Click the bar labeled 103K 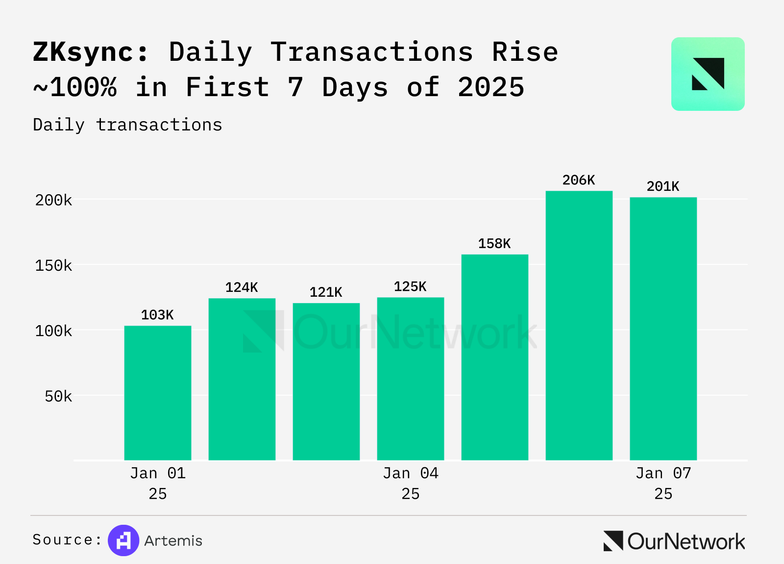(x=158, y=392)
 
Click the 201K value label (x=663, y=187)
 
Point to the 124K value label (x=242, y=287)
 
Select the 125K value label (x=410, y=286)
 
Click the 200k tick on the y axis (x=53, y=200)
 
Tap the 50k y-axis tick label (x=58, y=396)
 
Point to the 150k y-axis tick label (x=53, y=266)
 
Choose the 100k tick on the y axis (x=53, y=331)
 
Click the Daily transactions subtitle (x=127, y=125)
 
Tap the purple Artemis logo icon (x=123, y=540)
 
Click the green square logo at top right (x=708, y=74)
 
